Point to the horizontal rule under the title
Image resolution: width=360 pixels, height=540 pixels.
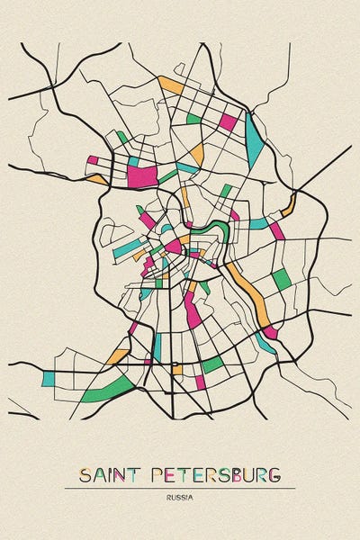coord(180,488)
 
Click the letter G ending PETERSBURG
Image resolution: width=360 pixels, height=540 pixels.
coord(274,474)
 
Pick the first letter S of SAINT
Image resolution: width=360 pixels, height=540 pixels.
coord(84,474)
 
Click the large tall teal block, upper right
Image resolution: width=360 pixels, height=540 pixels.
coord(256,133)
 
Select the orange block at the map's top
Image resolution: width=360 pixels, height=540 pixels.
coord(170,85)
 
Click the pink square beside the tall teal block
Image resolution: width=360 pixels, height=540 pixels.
coord(229,121)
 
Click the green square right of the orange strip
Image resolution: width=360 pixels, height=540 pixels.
coord(282,279)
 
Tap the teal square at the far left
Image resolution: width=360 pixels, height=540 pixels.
coord(49,378)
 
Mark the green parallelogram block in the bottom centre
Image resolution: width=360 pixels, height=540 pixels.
coord(211,364)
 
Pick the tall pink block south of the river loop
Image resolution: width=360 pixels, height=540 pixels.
coord(192,310)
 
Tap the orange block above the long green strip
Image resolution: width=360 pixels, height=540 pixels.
coord(117,356)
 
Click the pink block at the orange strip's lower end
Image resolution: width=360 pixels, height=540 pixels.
coord(269,331)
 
